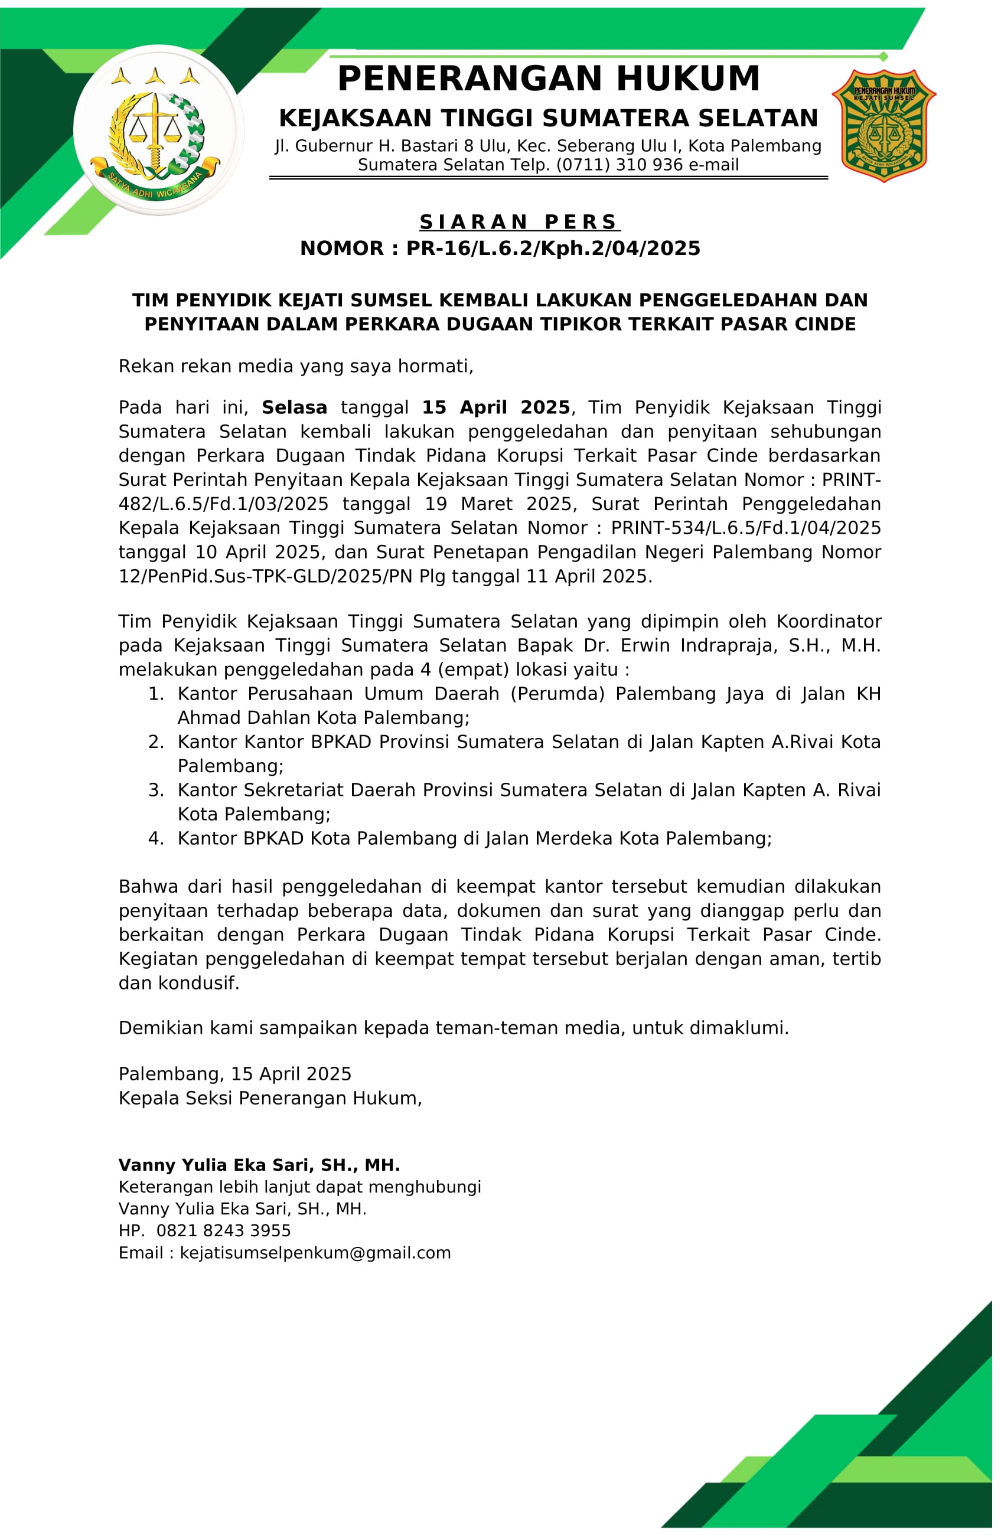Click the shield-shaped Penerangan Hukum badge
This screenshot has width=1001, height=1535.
(883, 125)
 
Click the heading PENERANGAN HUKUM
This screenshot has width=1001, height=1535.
(548, 79)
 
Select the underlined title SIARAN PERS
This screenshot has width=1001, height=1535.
(519, 222)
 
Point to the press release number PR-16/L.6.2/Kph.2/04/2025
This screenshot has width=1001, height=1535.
(553, 249)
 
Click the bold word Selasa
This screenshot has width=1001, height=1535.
(294, 407)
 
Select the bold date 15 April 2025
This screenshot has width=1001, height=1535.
(496, 407)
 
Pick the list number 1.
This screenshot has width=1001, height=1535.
(155, 694)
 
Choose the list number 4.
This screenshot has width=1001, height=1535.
(155, 838)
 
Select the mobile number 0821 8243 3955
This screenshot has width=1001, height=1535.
(223, 1230)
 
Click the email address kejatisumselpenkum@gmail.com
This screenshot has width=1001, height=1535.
(315, 1253)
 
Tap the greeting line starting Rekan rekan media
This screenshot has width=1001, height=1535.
(295, 367)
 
